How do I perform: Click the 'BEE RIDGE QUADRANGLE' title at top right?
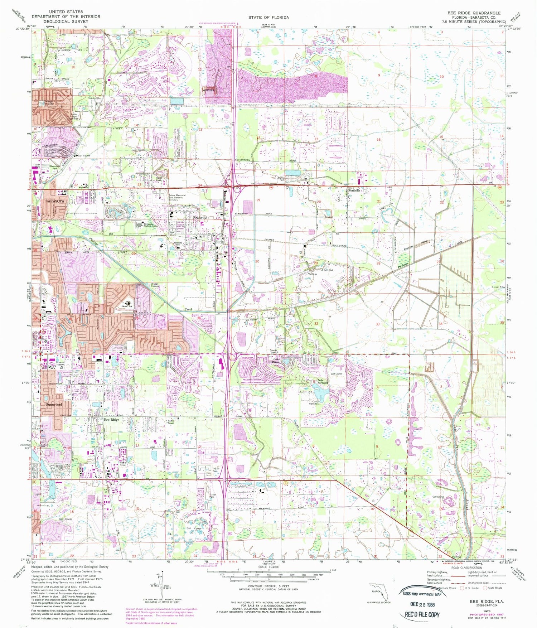coord(474,13)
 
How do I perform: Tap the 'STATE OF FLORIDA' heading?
coord(268,17)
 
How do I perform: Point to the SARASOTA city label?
coord(55,201)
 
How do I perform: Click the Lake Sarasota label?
coord(321,381)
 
